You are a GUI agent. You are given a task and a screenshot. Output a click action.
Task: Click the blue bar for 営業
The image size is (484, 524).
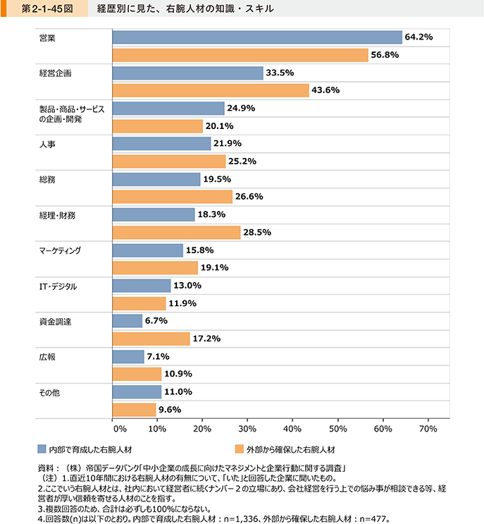coord(257,37)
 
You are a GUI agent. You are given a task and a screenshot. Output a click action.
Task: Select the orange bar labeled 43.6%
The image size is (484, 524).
coord(211,90)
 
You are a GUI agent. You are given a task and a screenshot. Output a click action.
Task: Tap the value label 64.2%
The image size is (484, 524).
coord(418,37)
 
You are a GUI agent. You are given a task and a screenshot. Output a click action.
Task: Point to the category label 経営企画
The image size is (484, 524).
coord(55,73)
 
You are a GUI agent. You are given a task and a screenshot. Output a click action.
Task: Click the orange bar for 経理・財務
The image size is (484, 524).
coord(176,232)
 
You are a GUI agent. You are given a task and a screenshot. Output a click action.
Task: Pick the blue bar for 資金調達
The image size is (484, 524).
coord(128,321)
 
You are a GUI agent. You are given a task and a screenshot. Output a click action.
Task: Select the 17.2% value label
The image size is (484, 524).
coord(207,339)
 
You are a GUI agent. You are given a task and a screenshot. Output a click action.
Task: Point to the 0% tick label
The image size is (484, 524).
coord(118,428)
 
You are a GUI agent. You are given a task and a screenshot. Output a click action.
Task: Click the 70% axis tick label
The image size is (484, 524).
coord(428,428)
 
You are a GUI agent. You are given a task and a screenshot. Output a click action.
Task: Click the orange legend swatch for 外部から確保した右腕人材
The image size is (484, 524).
coord(240,449)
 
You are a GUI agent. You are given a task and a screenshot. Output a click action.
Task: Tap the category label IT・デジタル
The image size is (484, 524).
coord(58,286)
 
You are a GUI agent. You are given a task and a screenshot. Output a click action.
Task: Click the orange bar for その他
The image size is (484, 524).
coord(134,410)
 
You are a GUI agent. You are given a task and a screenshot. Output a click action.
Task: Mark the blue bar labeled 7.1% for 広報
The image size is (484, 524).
coord(128,356)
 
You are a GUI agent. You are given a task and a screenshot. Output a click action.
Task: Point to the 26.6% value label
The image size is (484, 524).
coord(249,197)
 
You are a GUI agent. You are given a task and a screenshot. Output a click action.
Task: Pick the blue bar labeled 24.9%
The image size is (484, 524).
coord(168,108)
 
